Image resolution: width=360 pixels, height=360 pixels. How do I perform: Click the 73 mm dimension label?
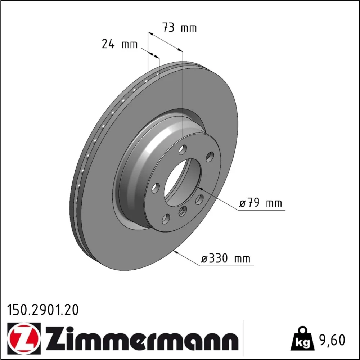tap(180, 28)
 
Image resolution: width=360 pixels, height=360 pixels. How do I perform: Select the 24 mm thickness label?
tap(120, 44)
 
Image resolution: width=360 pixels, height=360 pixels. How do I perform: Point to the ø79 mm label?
tap(260, 203)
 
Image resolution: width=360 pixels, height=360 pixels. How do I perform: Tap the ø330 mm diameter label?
tap(226, 259)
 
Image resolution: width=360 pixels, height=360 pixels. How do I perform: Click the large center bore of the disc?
tap(183, 182)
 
